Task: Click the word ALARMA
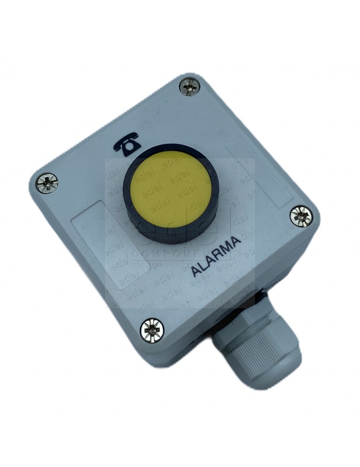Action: click(217, 256)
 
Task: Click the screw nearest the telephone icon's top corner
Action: click(190, 86)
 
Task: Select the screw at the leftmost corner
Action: click(47, 183)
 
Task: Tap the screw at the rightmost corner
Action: click(300, 216)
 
